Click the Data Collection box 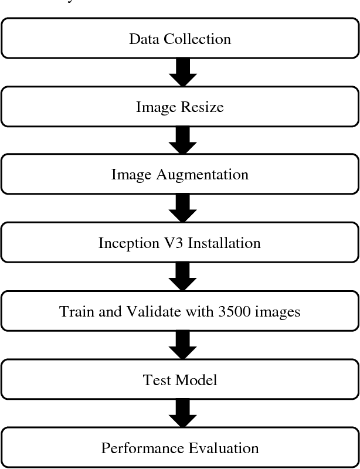[179, 39]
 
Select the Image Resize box [179, 107]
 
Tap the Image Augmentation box [179, 175]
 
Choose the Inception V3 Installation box [179, 243]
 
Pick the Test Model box [179, 380]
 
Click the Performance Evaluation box [179, 448]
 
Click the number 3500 [235, 311]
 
